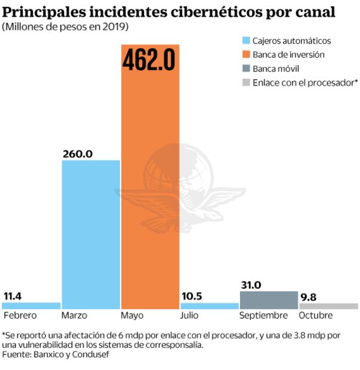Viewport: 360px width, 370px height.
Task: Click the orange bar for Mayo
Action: click(150, 191)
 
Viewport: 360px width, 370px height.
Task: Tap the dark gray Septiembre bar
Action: click(268, 300)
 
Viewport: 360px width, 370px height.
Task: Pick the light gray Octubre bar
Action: click(328, 306)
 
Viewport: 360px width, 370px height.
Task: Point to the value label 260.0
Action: click(78, 153)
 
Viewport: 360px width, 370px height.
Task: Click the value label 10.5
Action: click(192, 296)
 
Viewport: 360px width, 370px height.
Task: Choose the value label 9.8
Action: click(308, 296)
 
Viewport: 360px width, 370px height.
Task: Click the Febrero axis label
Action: click(20, 316)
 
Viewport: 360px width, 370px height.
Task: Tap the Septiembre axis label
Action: click(263, 316)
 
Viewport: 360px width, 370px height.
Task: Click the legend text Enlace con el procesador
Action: click(303, 82)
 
